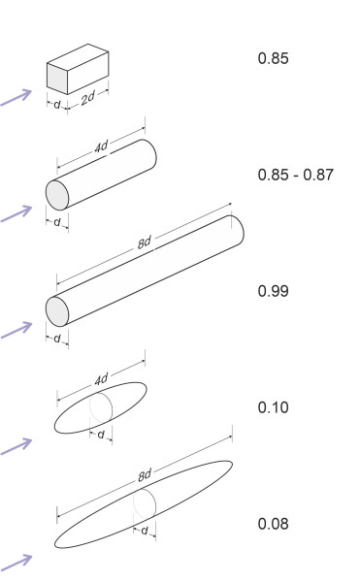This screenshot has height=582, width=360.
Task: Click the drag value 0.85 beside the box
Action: click(274, 58)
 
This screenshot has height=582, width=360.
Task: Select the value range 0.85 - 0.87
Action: click(296, 175)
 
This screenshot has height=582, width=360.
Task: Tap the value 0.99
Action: click(274, 291)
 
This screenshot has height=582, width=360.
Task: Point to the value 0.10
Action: click(274, 407)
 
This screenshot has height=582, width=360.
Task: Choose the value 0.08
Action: click(274, 524)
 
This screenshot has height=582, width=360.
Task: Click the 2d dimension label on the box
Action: click(88, 98)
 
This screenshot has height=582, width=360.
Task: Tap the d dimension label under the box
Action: click(57, 105)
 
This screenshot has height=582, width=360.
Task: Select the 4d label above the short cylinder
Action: click(101, 147)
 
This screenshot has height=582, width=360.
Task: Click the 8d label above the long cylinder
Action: click(145, 242)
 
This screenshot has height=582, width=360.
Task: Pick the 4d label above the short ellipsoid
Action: click(101, 379)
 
